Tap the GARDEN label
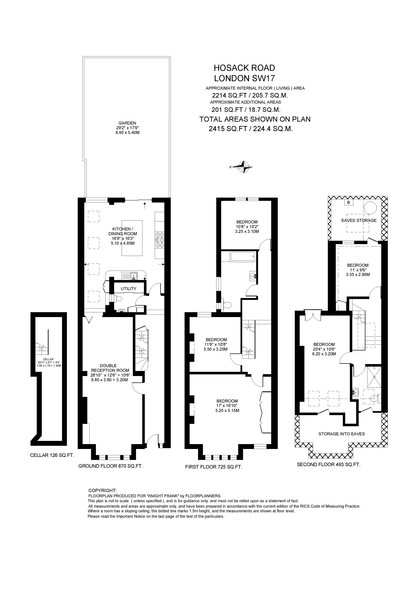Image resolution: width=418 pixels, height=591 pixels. [127, 123]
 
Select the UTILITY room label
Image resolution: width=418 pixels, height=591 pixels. [128, 289]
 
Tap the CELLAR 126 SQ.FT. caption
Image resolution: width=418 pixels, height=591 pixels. [52, 455]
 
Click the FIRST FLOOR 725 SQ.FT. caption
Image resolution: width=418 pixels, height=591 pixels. [214, 467]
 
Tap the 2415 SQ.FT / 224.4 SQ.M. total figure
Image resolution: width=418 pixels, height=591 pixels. [251, 129]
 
